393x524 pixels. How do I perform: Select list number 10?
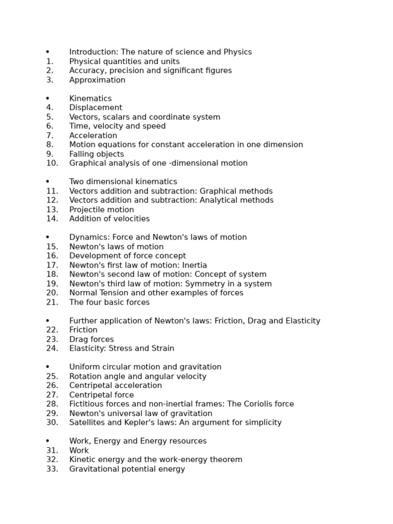point(52,163)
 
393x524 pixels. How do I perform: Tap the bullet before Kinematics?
point(48,98)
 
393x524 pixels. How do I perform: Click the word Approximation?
point(97,80)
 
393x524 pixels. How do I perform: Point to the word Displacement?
point(96,107)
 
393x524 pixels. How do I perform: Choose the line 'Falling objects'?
point(97,154)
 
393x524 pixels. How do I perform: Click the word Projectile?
point(85,210)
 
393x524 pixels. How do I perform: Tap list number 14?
point(52,219)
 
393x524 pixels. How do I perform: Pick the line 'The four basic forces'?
point(110,302)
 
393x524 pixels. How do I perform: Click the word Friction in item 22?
point(83,330)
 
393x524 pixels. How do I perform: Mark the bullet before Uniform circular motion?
point(48,367)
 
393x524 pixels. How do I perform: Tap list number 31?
point(52,450)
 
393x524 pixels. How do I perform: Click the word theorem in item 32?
point(226,460)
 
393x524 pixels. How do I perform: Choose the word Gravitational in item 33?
point(95,469)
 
